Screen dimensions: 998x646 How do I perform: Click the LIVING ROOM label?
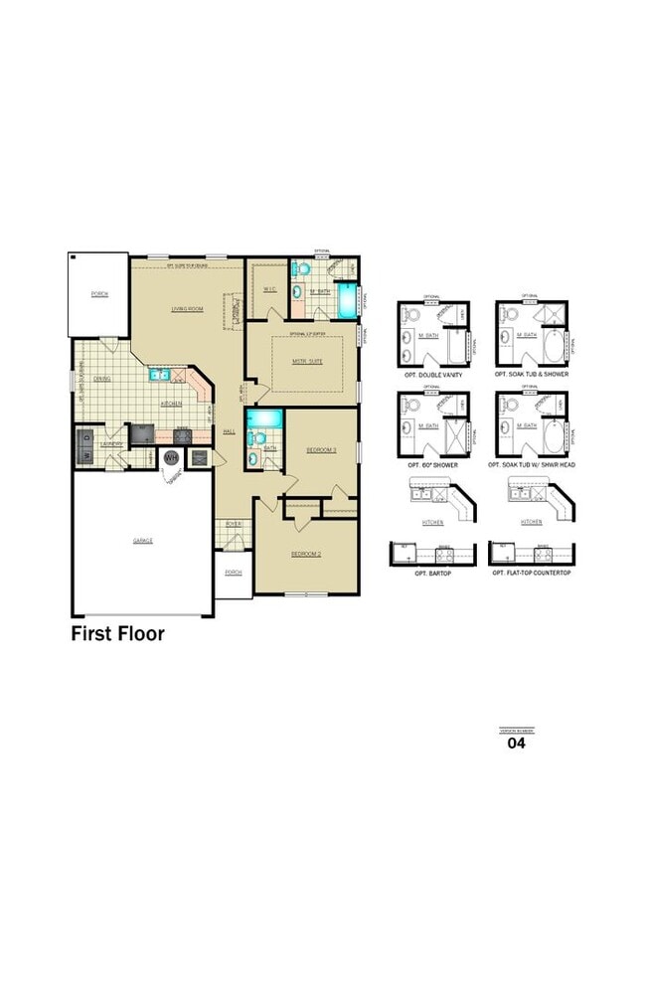click(187, 309)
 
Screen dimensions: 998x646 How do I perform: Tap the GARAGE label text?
click(143, 541)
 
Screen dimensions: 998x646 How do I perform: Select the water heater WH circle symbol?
click(171, 457)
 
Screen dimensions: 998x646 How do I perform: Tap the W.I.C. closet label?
click(269, 289)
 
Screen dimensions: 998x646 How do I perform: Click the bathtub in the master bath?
click(345, 301)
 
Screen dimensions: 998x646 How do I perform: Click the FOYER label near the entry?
click(234, 524)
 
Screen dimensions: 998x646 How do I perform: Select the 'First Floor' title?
click(117, 633)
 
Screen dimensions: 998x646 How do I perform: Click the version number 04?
click(516, 742)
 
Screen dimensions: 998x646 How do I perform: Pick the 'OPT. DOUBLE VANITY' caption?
click(434, 374)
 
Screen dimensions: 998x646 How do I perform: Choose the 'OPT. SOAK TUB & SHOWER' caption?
click(532, 374)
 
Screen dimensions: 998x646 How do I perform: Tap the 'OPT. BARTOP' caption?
click(434, 574)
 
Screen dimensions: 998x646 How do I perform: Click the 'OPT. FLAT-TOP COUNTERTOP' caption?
click(532, 574)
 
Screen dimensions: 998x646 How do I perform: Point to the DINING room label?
click(101, 379)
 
